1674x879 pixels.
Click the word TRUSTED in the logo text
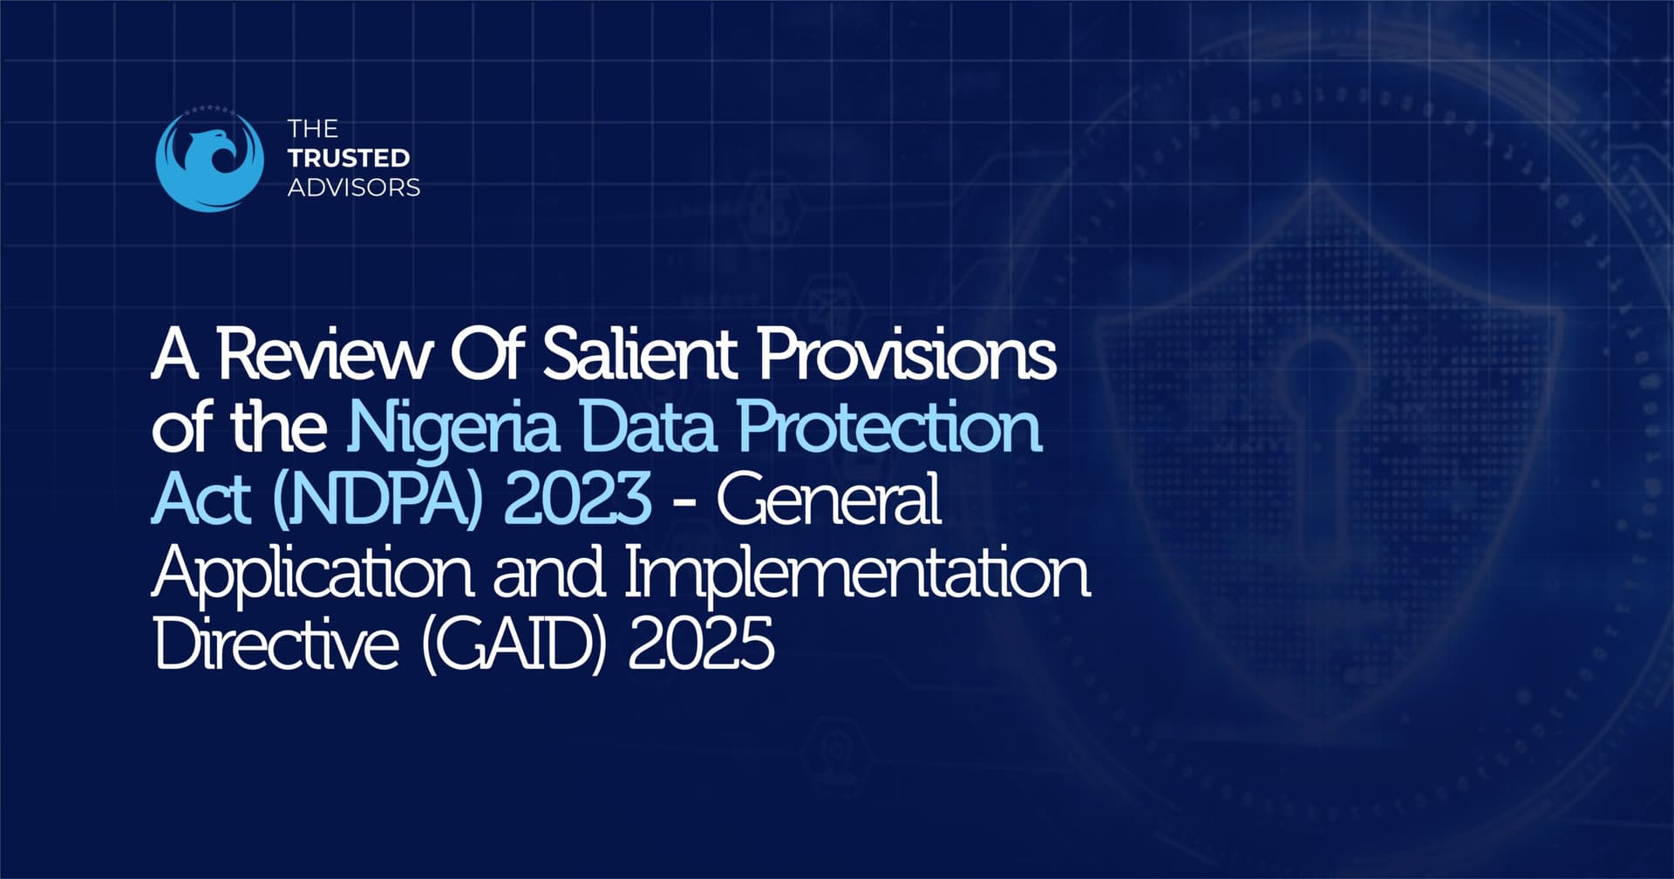[x=349, y=158]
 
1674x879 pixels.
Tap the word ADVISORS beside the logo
[x=354, y=187]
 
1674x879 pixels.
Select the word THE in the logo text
[x=312, y=129]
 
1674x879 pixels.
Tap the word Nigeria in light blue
[x=453, y=427]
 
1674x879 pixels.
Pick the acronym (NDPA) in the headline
[x=377, y=499]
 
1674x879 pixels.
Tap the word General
[x=828, y=499]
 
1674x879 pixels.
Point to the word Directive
[x=276, y=645]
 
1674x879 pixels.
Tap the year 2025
[x=701, y=645]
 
